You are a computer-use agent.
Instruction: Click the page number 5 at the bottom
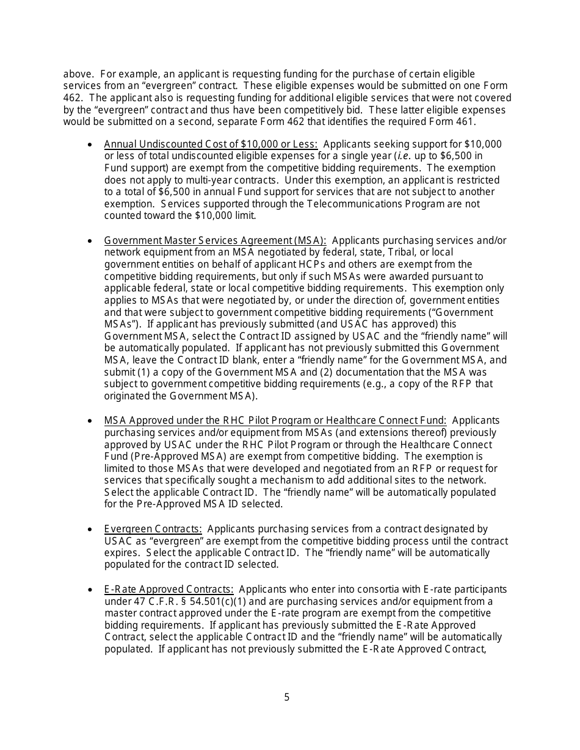287,697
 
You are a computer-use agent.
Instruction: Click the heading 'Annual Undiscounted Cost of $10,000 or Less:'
211,145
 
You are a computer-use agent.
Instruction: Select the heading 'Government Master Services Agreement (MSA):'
215,241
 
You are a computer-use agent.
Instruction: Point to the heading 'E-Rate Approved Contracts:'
169,589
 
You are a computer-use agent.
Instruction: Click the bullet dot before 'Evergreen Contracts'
91,530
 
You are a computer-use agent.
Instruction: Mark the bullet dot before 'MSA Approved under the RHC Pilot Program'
91,421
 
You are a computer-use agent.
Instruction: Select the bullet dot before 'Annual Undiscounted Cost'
91,145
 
